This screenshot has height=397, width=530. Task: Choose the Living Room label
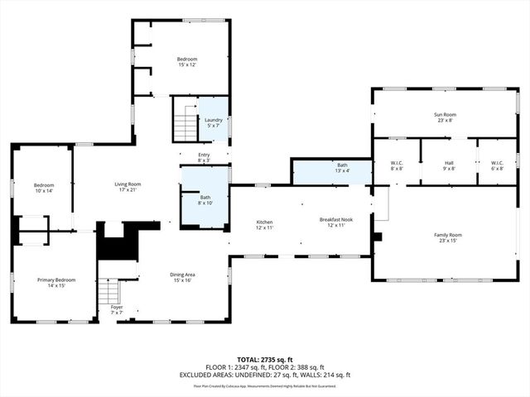128,187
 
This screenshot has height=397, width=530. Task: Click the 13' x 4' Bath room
342,169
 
